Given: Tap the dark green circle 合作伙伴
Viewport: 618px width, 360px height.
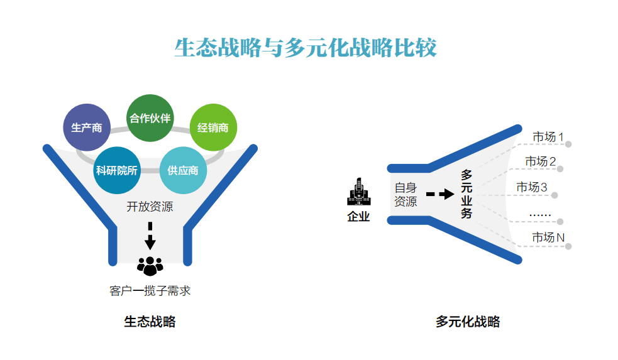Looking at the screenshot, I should pyautogui.click(x=150, y=118).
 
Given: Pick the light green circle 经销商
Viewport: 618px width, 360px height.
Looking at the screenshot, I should pyautogui.click(x=212, y=128).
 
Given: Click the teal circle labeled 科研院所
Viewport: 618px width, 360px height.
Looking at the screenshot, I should pyautogui.click(x=117, y=170).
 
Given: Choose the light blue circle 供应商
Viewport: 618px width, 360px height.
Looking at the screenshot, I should pyautogui.click(x=183, y=170).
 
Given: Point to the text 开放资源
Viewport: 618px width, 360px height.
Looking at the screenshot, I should pyautogui.click(x=150, y=207).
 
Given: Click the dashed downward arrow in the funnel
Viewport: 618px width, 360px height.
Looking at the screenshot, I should pyautogui.click(x=150, y=236).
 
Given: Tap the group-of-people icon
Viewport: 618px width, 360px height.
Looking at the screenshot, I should pyautogui.click(x=150, y=266).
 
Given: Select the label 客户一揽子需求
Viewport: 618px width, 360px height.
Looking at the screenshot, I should pyautogui.click(x=150, y=291).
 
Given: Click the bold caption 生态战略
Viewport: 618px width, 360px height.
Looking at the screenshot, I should pyautogui.click(x=150, y=322).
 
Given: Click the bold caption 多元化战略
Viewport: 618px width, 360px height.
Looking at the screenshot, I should pyautogui.click(x=468, y=322).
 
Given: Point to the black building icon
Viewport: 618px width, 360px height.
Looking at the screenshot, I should pyautogui.click(x=358, y=192).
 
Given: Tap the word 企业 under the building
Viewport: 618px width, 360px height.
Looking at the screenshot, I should pyautogui.click(x=358, y=217).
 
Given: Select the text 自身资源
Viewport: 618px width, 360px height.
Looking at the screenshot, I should pyautogui.click(x=406, y=195).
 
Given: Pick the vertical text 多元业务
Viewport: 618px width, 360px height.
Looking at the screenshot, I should pyautogui.click(x=466, y=194).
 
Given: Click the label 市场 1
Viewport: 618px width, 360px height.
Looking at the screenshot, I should pyautogui.click(x=548, y=136).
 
